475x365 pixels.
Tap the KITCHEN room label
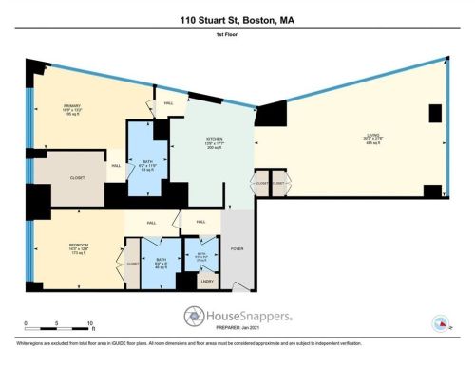(x=214, y=139)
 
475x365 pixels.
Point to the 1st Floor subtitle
(x=237, y=35)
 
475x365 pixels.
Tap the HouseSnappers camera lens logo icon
(x=195, y=317)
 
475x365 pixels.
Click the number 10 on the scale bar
(x=89, y=323)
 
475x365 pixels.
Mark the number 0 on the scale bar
(x=28, y=323)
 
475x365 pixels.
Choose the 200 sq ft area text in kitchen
(x=214, y=150)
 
